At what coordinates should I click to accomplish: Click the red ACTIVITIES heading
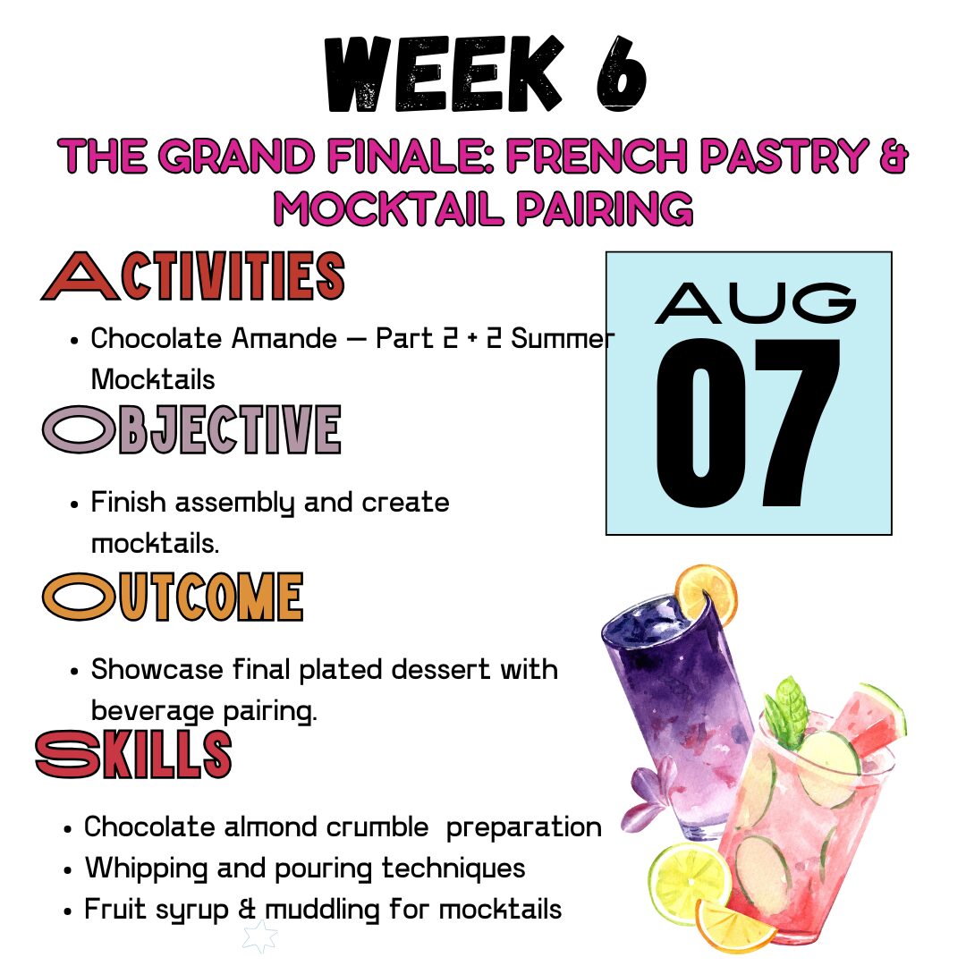coord(193,275)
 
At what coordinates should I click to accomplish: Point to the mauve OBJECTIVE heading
coord(191,429)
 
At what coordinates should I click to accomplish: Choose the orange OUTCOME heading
coord(174,597)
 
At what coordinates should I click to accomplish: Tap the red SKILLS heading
coord(133,753)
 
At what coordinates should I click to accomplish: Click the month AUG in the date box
coord(755,303)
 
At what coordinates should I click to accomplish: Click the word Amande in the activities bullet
coord(284,338)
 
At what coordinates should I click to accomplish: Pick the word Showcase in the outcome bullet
coord(157,669)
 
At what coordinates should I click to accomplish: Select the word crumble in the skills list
coord(377,826)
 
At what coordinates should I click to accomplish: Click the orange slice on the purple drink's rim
coord(708,594)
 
